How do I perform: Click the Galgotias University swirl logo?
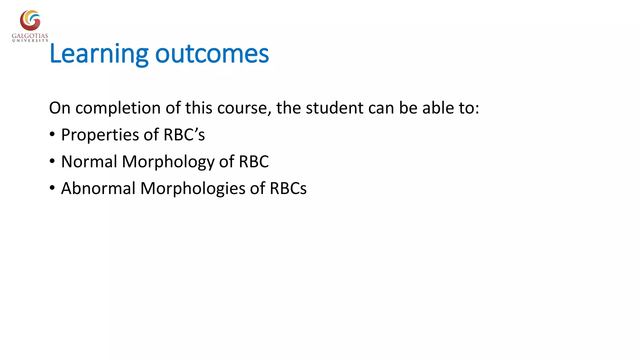coord(30,20)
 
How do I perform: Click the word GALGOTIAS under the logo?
coord(30,36)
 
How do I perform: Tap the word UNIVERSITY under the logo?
coord(30,41)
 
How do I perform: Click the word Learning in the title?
coord(99,54)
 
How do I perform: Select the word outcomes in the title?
coord(212,54)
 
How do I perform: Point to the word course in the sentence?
coord(242,108)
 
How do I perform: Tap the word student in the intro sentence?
coord(334,108)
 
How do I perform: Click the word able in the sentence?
coord(438,108)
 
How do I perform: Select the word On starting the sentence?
coord(59,108)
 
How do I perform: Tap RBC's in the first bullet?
coord(184,135)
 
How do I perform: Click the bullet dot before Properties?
coord(52,135)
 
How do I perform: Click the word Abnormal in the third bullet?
coord(98,188)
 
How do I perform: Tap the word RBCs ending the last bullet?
coord(288,188)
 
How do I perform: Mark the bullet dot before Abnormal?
coord(52,188)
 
